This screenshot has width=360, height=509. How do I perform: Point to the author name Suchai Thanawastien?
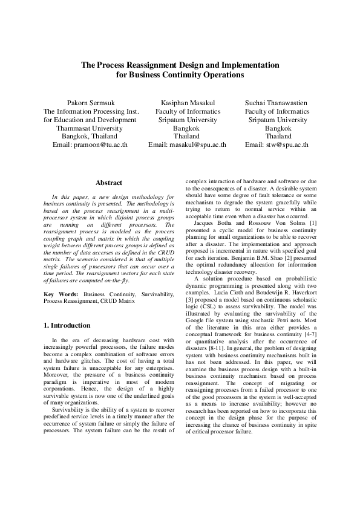[x=278, y=103]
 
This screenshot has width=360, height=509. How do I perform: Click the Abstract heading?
[x=109, y=183]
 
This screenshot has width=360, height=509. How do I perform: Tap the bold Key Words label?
[x=62, y=293]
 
